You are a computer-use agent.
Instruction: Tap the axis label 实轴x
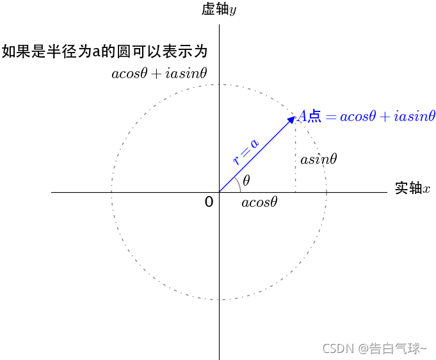412,188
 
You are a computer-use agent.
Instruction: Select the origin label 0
209,202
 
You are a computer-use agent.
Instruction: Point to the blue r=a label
246,152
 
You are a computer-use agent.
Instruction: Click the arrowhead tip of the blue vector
294,116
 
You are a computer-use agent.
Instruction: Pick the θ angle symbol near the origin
246,181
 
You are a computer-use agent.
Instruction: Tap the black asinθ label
319,159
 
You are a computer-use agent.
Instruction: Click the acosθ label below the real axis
259,203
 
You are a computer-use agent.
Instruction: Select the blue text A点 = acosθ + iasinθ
366,117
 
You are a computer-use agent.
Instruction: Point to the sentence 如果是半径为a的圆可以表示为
105,51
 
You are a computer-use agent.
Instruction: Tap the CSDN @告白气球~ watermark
375,348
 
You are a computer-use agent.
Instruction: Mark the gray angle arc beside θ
238,183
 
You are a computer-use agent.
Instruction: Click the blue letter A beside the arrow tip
302,117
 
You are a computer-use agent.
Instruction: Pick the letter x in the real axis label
426,189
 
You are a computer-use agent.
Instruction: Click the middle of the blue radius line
256,154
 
